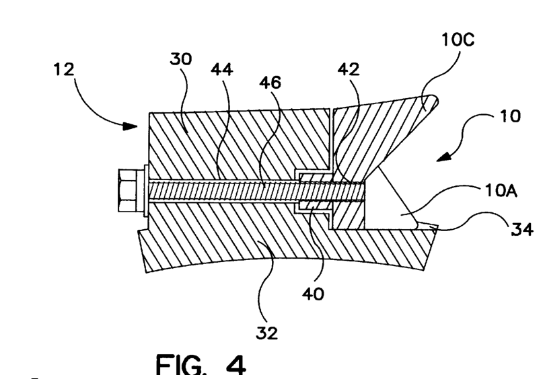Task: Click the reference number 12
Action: pos(64,69)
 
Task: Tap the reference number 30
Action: pos(180,59)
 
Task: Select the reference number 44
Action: pos(222,69)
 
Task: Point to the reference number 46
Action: pos(270,83)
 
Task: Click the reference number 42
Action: pos(349,69)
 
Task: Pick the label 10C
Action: pos(458,40)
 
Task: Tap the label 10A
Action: pos(501,191)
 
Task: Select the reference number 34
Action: pos(522,229)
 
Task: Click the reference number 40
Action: pos(314,294)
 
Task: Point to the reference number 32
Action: pos(266,333)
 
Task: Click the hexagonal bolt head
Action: pos(126,191)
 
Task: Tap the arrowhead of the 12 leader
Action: pos(131,126)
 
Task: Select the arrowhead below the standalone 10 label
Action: pos(444,157)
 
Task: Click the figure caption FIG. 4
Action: pos(201,365)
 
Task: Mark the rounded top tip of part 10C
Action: pos(435,99)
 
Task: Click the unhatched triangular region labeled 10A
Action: pos(392,208)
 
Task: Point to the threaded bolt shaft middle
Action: pos(256,191)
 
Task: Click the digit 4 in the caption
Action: pos(236,365)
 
